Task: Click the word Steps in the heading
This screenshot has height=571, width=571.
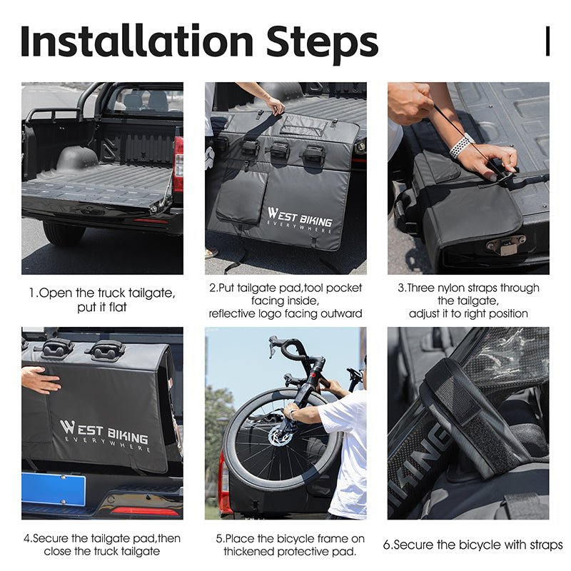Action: (x=322, y=43)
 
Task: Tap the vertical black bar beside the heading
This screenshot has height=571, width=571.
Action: (x=547, y=41)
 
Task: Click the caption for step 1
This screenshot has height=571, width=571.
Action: (x=102, y=300)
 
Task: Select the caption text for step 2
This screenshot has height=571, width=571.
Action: (x=285, y=300)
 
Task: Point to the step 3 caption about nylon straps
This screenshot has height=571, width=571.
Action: (x=468, y=300)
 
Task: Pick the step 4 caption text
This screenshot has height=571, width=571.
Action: (x=102, y=544)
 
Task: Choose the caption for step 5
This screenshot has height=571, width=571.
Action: (x=285, y=544)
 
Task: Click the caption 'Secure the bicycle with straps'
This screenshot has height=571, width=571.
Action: (x=473, y=545)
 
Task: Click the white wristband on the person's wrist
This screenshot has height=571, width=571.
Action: (x=461, y=146)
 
